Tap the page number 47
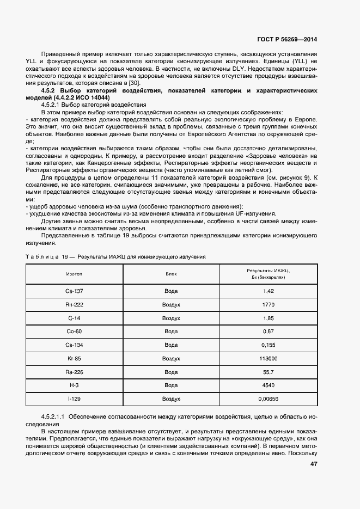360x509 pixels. (x=314, y=464)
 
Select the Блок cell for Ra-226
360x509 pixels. (x=171, y=372)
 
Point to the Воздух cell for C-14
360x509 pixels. (x=171, y=318)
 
